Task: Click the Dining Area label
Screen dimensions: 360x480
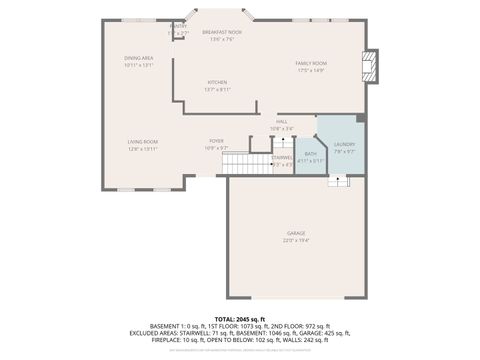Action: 139,58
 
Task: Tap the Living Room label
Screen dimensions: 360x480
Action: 142,142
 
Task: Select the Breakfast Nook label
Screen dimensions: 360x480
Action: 222,33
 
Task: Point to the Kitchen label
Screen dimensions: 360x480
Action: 217,82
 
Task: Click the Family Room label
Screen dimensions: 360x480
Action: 311,63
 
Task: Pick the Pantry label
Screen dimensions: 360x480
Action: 178,26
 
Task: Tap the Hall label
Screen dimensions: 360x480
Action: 282,121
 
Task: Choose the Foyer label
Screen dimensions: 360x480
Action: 216,141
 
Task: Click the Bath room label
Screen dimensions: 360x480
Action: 311,153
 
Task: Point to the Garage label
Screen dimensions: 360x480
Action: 296,233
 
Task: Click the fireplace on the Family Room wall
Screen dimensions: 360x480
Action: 373,65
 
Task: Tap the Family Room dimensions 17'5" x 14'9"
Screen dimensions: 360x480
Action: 311,70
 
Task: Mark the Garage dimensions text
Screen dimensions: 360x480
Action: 296,240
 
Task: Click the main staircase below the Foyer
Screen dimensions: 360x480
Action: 247,165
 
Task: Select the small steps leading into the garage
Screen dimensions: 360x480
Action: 339,181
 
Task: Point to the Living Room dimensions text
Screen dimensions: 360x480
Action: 142,148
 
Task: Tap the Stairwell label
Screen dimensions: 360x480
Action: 282,157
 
